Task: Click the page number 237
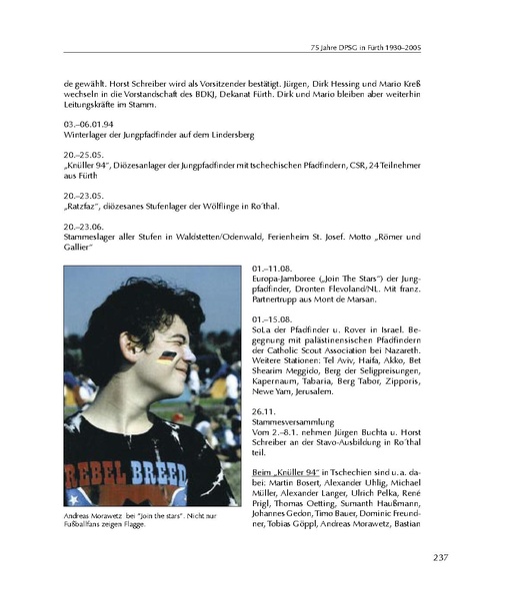pyautogui.click(x=445, y=558)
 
